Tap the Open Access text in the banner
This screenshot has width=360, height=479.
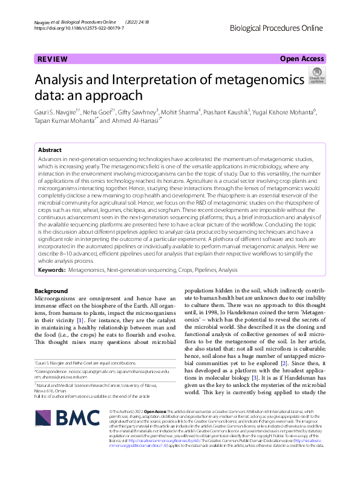[x=303, y=59]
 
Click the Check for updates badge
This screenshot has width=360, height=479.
[x=316, y=77]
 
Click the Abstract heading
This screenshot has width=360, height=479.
[x=50, y=150]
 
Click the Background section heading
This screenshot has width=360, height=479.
[x=51, y=290]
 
